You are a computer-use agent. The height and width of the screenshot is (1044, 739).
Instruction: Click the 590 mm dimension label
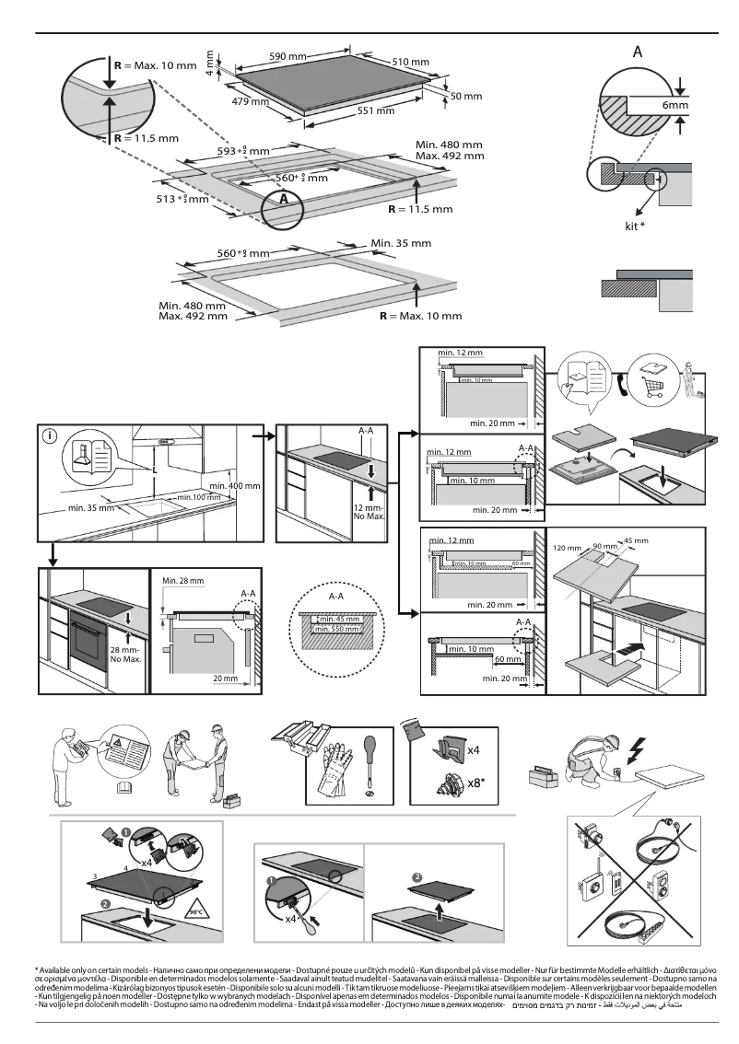(x=287, y=57)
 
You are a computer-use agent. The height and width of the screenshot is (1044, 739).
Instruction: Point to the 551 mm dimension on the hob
(x=375, y=110)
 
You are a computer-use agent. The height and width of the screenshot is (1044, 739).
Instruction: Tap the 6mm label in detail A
(x=674, y=106)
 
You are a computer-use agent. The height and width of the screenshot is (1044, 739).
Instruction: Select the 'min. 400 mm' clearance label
(x=235, y=484)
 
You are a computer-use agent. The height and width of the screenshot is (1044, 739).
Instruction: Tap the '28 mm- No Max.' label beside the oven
(x=124, y=655)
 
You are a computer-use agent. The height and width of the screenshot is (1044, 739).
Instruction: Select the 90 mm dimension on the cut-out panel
(x=603, y=546)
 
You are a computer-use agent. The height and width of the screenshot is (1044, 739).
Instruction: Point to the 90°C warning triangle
(x=195, y=911)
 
